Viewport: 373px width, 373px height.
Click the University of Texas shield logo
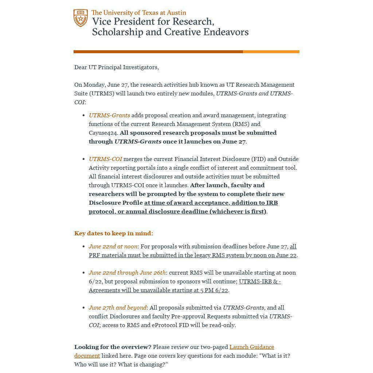pyautogui.click(x=81, y=18)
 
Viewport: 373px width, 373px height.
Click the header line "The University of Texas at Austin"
pyautogui.click(x=139, y=13)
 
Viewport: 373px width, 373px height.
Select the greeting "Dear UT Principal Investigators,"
pyautogui.click(x=117, y=67)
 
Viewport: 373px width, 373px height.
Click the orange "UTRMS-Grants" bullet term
pyautogui.click(x=109, y=115)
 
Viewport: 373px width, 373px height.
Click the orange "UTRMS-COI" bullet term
pyautogui.click(x=105, y=159)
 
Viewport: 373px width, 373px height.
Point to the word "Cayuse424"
pyautogui.click(x=103, y=133)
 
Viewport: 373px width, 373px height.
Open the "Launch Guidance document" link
pyautogui.click(x=251, y=347)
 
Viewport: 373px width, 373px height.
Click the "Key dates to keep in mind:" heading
pyautogui.click(x=114, y=233)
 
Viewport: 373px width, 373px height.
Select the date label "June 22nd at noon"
pyautogui.click(x=113, y=247)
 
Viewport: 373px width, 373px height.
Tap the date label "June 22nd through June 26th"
pyautogui.click(x=127, y=273)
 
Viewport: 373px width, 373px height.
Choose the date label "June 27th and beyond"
pyautogui.click(x=117, y=308)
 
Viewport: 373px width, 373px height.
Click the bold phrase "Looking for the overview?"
pyautogui.click(x=113, y=347)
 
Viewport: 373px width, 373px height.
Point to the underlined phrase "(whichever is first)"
pyautogui.click(x=237, y=212)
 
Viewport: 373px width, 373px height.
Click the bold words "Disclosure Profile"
pyautogui.click(x=115, y=203)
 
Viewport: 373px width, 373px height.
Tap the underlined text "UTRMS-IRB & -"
pyautogui.click(x=260, y=282)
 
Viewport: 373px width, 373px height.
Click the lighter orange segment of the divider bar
pyautogui.click(x=271, y=52)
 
